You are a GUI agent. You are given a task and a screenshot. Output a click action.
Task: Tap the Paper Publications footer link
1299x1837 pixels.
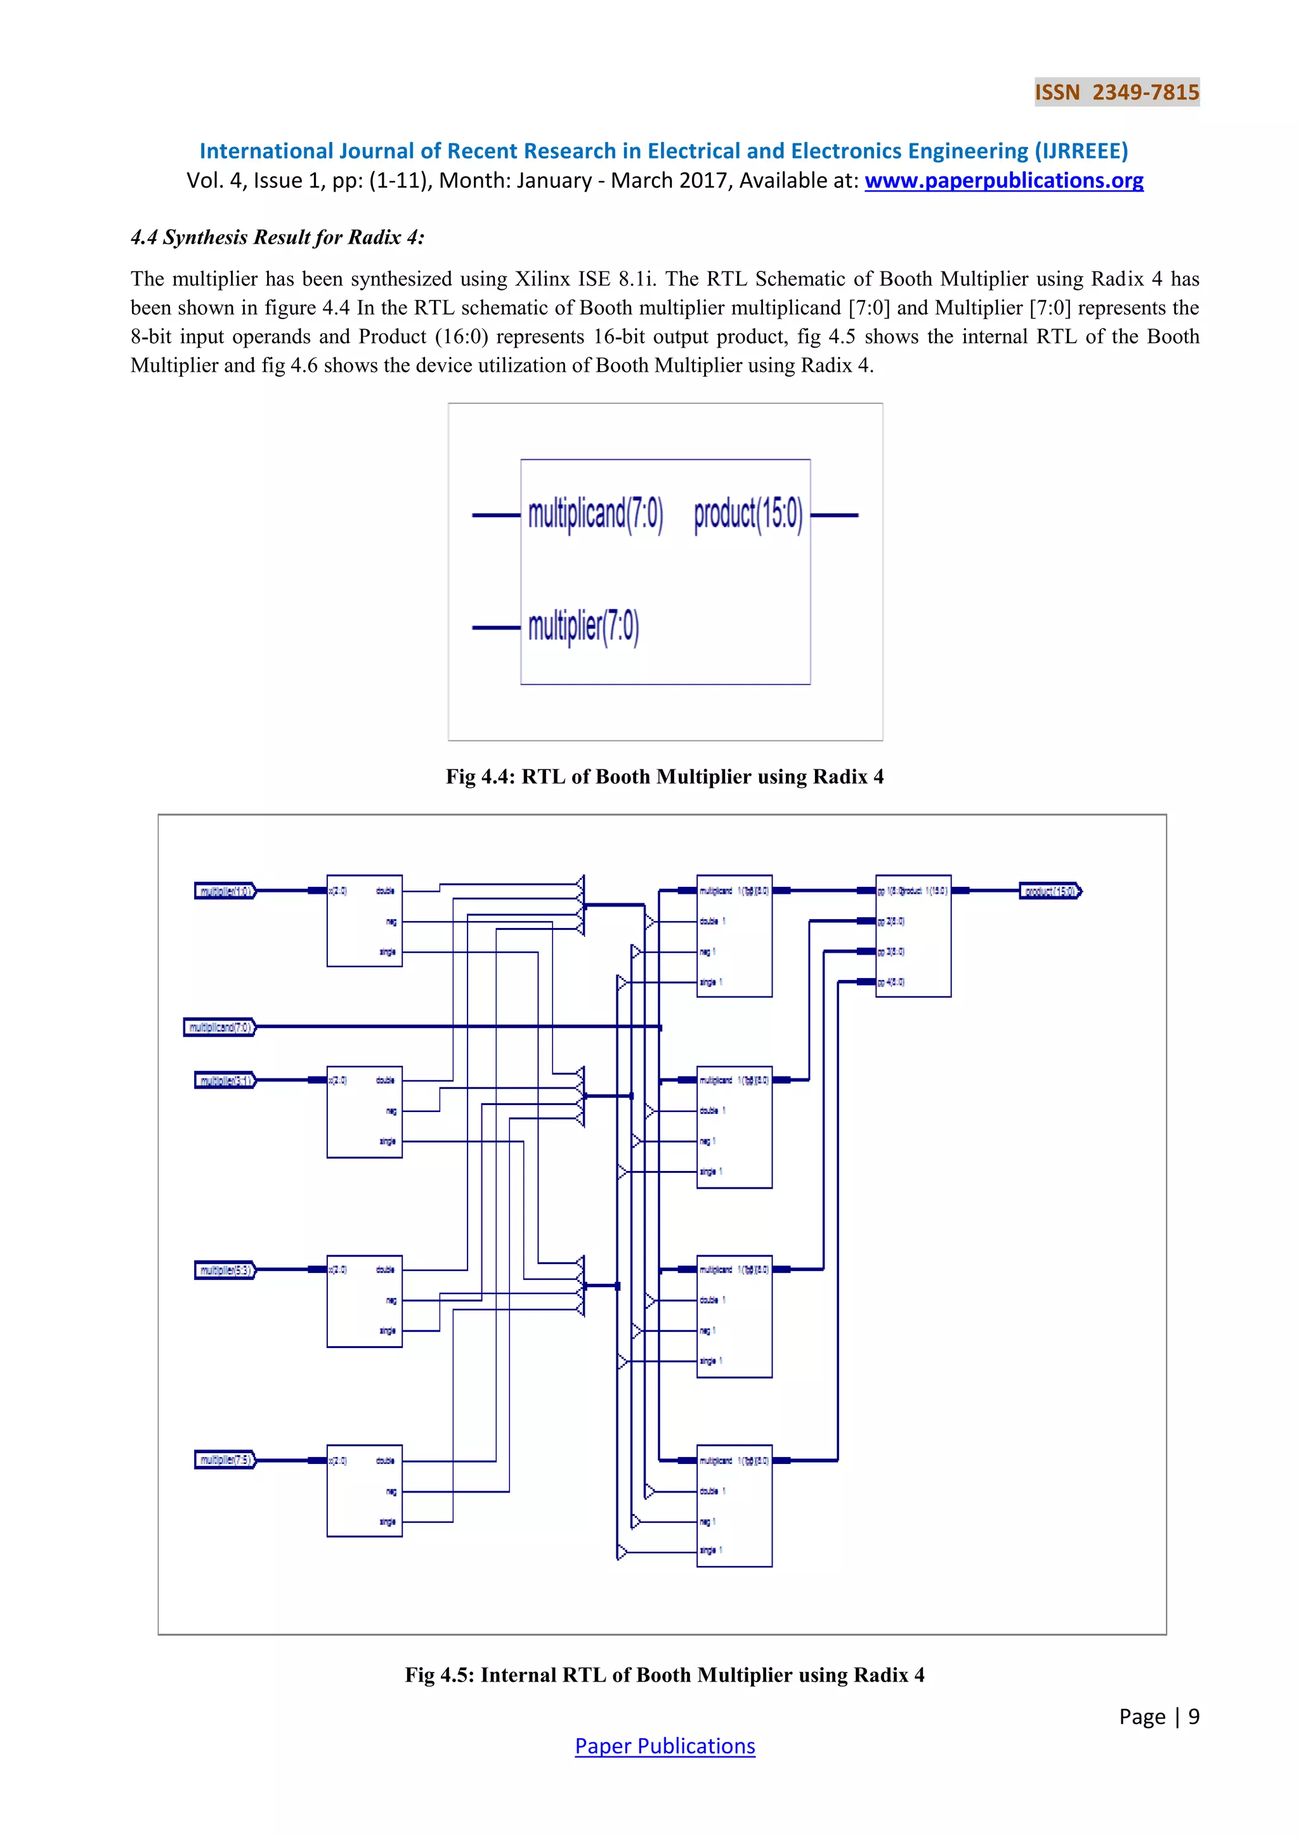[x=665, y=1746]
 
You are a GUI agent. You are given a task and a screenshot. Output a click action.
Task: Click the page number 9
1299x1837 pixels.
[x=1194, y=1716]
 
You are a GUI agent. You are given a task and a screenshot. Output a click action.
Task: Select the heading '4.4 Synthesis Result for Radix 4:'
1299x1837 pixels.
[x=278, y=238]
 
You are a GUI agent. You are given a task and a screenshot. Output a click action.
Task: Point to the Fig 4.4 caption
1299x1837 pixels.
[x=665, y=777]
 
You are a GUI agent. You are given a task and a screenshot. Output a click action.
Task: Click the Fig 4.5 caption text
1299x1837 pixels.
[x=665, y=1675]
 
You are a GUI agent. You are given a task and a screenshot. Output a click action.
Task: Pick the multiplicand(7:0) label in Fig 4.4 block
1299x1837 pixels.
[x=595, y=514]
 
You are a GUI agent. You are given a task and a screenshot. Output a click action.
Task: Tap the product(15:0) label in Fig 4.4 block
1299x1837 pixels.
[x=748, y=514]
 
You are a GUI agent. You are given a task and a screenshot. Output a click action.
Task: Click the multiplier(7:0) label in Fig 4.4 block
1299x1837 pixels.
[x=583, y=627]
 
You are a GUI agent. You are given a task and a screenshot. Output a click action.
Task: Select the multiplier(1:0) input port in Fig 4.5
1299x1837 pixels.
[x=225, y=891]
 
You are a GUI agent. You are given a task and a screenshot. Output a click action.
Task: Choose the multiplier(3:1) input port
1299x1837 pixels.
[x=225, y=1081]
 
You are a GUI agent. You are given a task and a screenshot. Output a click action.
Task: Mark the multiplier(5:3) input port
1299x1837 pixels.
[x=225, y=1271]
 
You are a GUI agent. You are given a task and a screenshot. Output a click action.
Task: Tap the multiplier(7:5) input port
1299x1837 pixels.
[x=225, y=1460]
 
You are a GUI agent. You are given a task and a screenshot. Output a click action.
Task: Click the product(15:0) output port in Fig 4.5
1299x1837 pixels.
[x=1050, y=891]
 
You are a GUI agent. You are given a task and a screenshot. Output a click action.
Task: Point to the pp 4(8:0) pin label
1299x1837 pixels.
[x=891, y=983]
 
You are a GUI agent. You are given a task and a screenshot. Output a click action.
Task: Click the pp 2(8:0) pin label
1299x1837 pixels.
[x=891, y=922]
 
